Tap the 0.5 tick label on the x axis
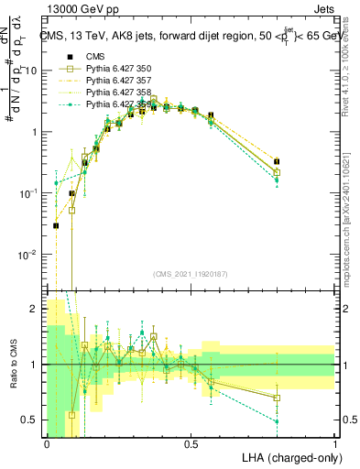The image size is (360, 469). (x=191, y=443)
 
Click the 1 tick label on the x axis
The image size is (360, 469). (x=335, y=443)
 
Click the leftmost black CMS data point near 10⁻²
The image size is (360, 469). (x=56, y=225)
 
